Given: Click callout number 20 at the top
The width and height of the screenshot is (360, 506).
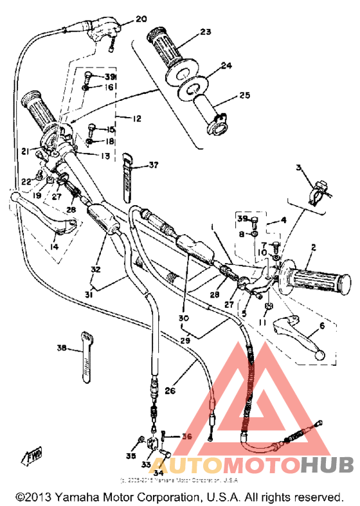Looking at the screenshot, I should pos(142,19).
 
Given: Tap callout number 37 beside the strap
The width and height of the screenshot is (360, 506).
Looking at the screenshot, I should pos(152,165).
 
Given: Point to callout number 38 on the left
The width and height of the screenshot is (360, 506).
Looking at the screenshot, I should pos(62,348).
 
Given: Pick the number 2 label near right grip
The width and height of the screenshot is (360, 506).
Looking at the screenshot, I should pos(313,246).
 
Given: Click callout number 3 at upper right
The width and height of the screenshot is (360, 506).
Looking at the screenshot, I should pos(299,168).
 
